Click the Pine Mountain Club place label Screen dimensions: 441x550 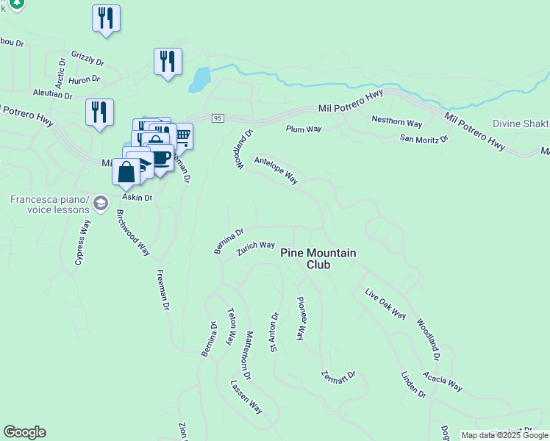click(x=318, y=258)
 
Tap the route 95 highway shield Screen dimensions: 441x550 click(x=217, y=118)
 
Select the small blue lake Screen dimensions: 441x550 click(x=199, y=79)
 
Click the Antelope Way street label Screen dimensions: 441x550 click(x=276, y=170)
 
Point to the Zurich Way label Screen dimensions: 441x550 click(x=255, y=249)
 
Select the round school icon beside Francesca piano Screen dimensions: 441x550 click(x=101, y=203)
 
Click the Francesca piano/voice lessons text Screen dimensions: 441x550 click(x=50, y=204)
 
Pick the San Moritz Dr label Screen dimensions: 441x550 click(x=424, y=138)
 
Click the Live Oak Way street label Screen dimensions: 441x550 click(x=385, y=304)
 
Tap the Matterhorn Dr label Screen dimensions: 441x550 click(x=246, y=356)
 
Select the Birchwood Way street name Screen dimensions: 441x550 click(x=133, y=233)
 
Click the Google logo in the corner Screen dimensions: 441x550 click(x=24, y=432)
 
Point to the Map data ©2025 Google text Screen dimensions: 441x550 click(x=504, y=435)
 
